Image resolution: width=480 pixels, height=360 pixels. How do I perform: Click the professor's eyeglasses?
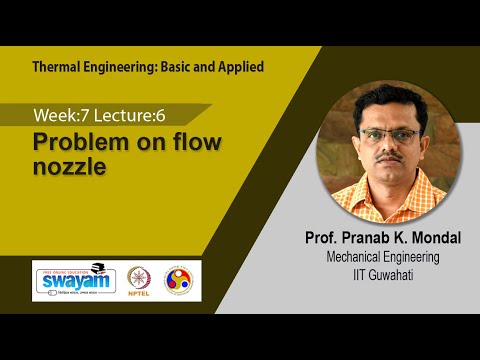pos(391,135)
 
